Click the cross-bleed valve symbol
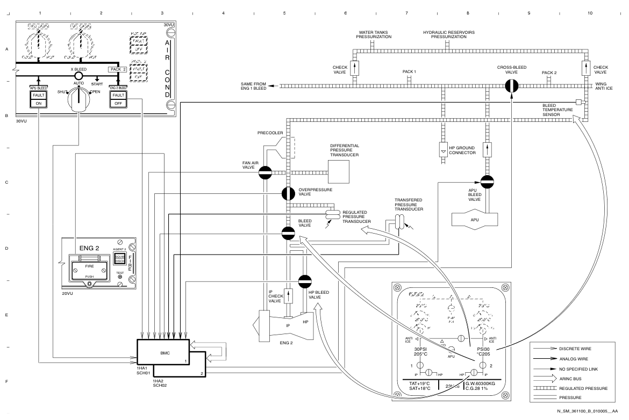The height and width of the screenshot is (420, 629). click(x=511, y=86)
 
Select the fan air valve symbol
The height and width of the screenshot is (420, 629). click(x=266, y=172)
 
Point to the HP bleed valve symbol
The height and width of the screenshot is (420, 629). click(x=305, y=281)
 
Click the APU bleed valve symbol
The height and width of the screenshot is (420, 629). click(x=487, y=183)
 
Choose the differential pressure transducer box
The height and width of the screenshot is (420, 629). click(x=338, y=172)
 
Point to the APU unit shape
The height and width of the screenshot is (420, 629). click(x=475, y=219)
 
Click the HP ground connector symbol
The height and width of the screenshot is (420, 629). click(x=443, y=149)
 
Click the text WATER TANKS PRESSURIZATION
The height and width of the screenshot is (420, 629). click(x=374, y=35)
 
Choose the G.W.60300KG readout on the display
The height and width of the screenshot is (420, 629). click(x=481, y=383)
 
